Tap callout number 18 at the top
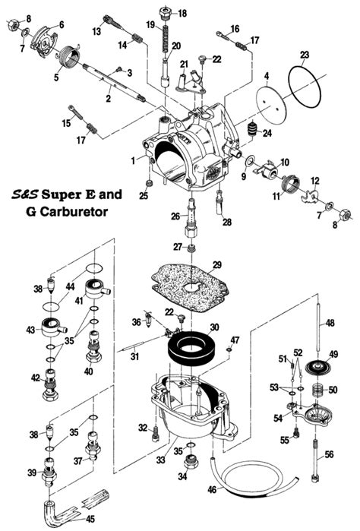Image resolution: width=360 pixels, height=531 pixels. tap(182, 13)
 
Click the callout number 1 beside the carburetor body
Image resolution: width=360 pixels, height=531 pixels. tap(134, 160)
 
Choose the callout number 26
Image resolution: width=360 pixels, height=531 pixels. tap(175, 217)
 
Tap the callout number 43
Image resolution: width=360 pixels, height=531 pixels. tap(31, 330)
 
